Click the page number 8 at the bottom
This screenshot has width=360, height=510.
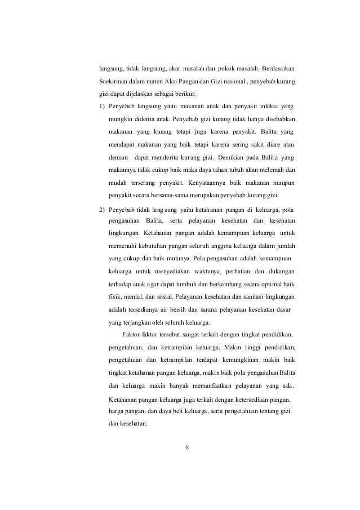tap(188, 449)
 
